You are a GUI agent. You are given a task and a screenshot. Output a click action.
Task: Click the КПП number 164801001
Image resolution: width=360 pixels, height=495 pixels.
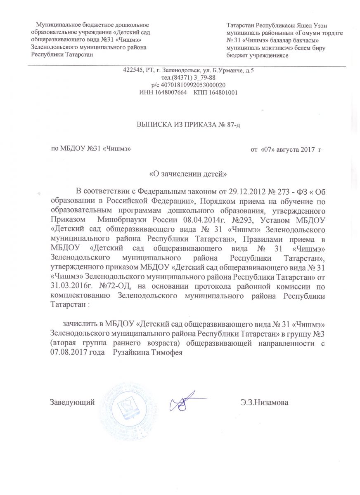(x=222, y=92)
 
